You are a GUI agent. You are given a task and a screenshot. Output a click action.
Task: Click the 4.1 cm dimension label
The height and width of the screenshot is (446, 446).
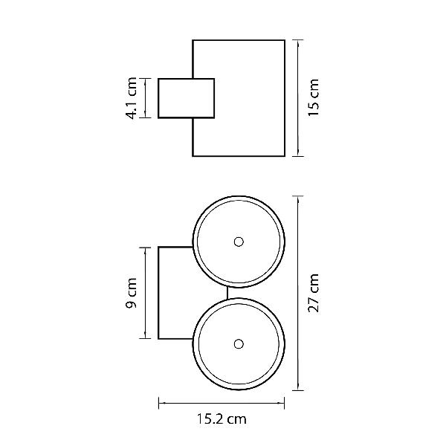click(x=132, y=98)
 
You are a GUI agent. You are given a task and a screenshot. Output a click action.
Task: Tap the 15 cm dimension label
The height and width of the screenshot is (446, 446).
click(x=314, y=97)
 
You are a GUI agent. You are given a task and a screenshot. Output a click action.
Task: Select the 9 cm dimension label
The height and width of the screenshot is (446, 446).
click(x=132, y=293)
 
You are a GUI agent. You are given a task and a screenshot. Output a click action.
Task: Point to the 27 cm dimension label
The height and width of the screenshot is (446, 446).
click(x=314, y=293)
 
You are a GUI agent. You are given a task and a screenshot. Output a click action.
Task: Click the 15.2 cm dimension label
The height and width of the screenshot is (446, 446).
click(x=222, y=419)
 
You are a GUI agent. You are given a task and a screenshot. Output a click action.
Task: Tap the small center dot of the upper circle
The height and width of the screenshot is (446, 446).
click(x=239, y=242)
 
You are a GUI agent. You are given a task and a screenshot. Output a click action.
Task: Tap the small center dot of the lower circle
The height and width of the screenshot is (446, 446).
click(x=239, y=344)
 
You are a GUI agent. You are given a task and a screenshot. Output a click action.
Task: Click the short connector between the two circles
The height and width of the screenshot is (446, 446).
click(x=227, y=293)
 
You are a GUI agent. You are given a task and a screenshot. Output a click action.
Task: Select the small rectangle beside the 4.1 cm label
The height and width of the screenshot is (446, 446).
click(x=187, y=98)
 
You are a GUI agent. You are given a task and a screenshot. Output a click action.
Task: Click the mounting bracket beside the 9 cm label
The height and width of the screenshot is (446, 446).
click(x=158, y=293)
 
